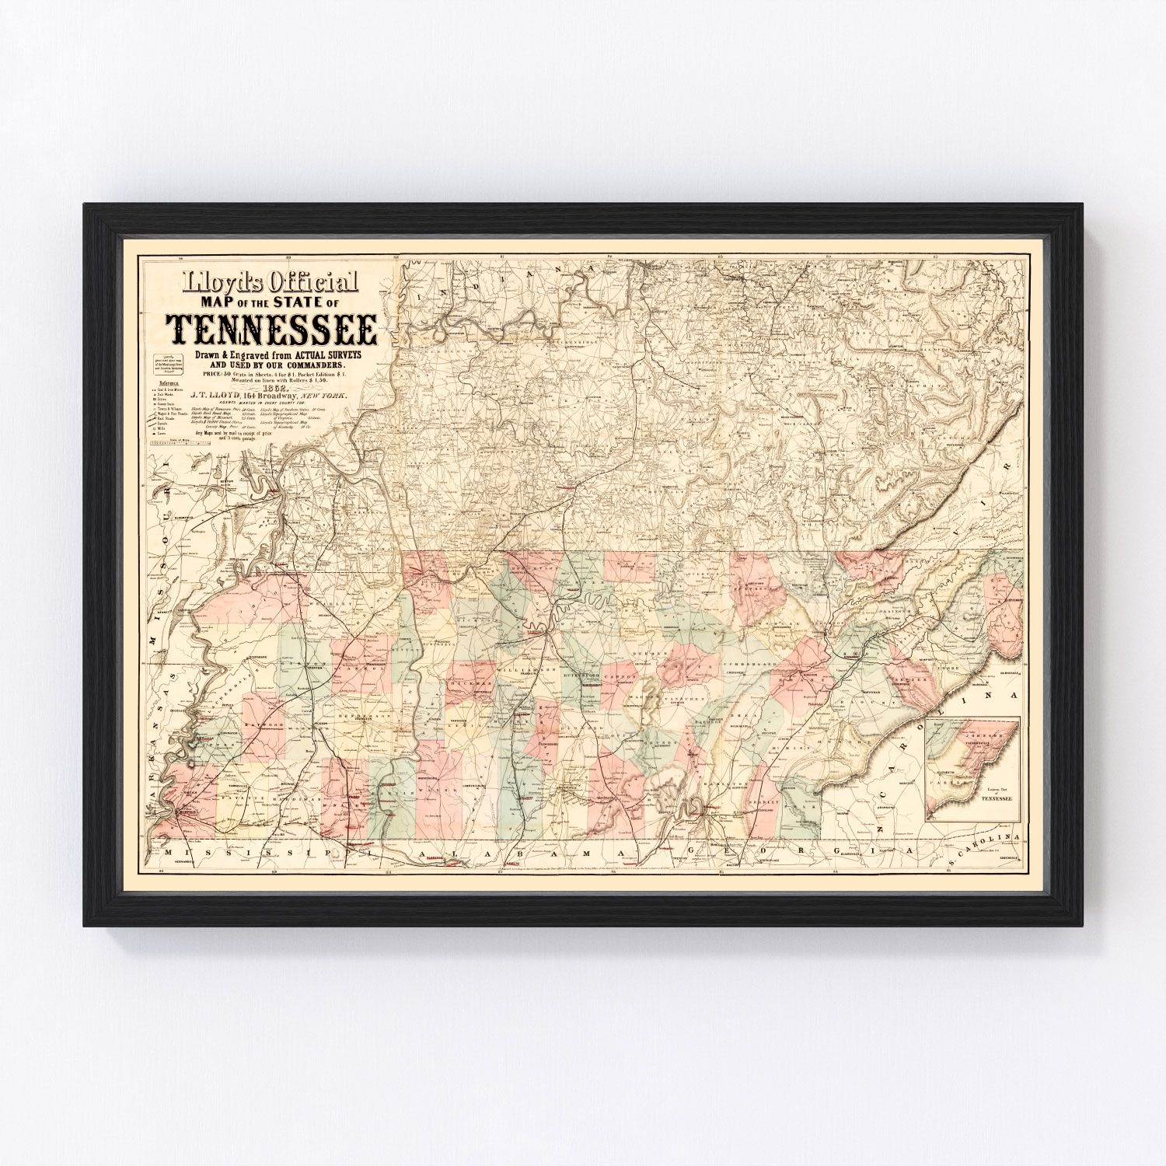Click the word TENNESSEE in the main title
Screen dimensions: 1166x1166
pyautogui.click(x=271, y=330)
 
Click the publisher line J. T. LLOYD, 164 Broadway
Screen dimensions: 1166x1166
pyautogui.click(x=276, y=396)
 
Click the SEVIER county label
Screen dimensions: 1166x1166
pyautogui.click(x=915, y=679)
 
